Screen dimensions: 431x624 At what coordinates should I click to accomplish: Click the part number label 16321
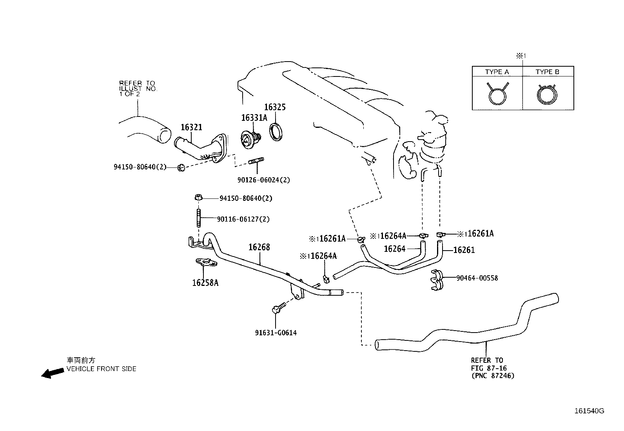tap(191, 127)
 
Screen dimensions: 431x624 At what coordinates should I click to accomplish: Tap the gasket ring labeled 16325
tap(277, 131)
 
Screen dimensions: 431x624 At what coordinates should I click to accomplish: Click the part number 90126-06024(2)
tap(263, 180)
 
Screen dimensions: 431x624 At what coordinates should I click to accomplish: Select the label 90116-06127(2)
tap(243, 219)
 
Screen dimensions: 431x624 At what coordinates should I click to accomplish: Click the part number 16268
tap(259, 247)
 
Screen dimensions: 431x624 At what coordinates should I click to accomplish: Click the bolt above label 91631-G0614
tap(276, 309)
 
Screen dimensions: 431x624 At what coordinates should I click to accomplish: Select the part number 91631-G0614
tap(276, 333)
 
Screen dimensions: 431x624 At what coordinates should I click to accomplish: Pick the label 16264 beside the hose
tap(394, 249)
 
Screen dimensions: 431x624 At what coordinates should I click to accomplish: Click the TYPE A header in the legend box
tap(497, 72)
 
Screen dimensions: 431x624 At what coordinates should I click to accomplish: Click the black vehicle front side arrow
tap(53, 373)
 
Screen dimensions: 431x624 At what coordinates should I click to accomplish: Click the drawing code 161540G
tap(589, 411)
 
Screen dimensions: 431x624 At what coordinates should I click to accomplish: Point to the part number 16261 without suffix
tap(464, 250)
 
